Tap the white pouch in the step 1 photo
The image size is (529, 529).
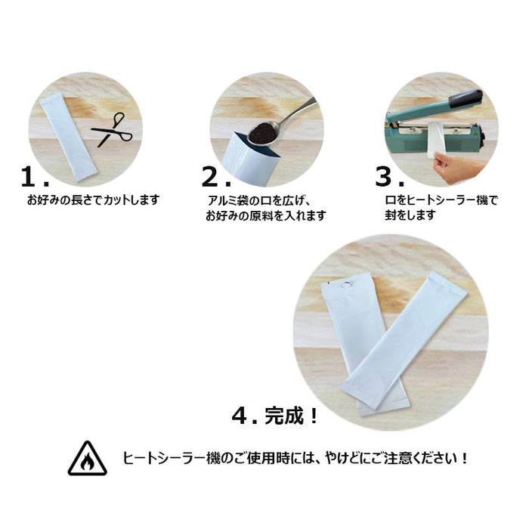pos(69,137)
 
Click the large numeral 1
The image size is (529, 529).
pos(29,177)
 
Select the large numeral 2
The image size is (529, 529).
pos(210,177)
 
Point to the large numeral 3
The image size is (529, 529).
pos(385,177)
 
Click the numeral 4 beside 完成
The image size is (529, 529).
pos(240,416)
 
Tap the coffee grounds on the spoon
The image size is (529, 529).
pos(263,132)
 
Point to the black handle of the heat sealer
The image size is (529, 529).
pos(466,98)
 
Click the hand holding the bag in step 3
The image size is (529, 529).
pos(459,167)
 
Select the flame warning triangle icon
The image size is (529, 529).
pos(88,459)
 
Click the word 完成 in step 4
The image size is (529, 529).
pos(284,416)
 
